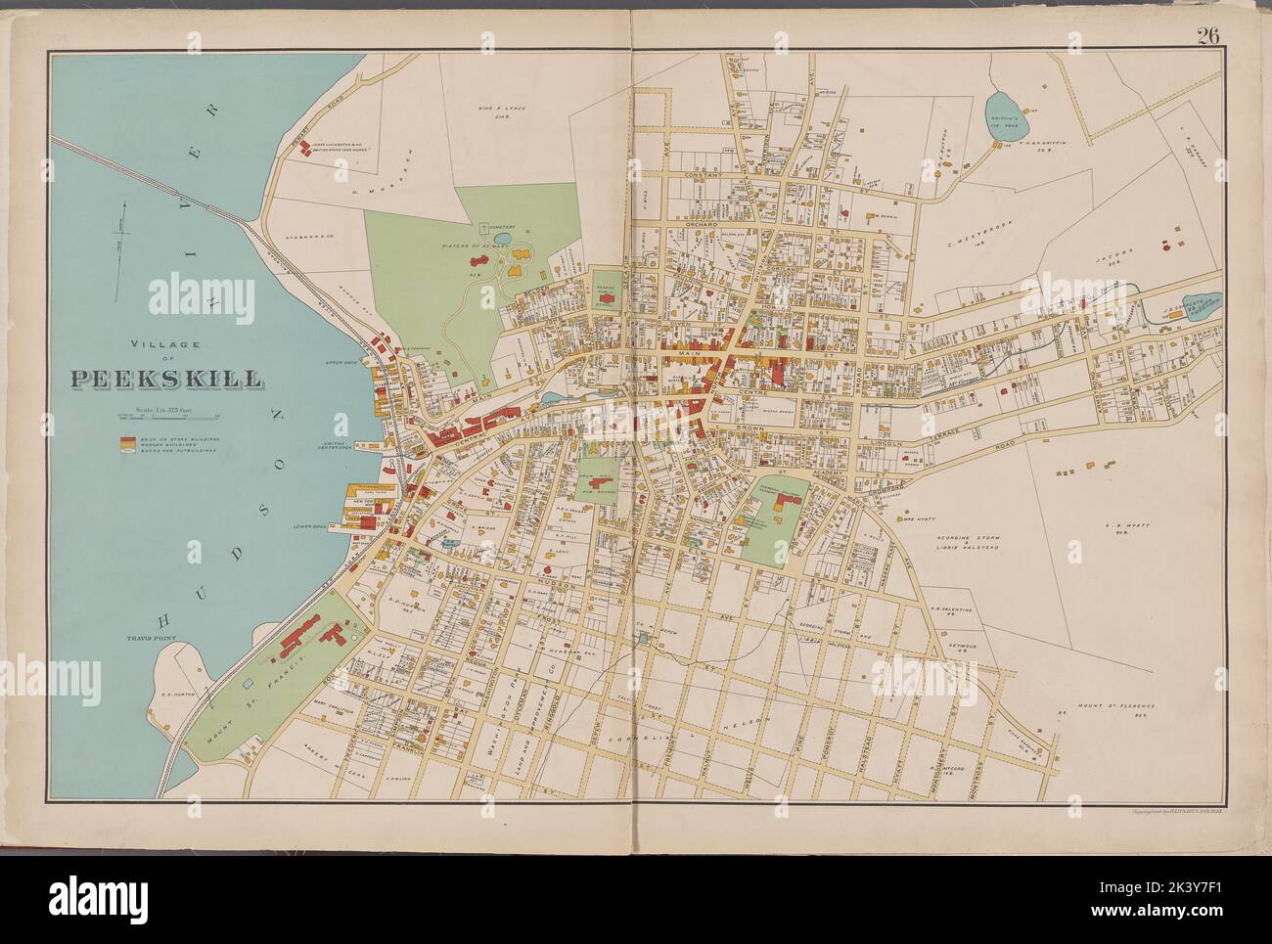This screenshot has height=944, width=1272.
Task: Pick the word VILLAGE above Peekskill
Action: pos(166,344)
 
